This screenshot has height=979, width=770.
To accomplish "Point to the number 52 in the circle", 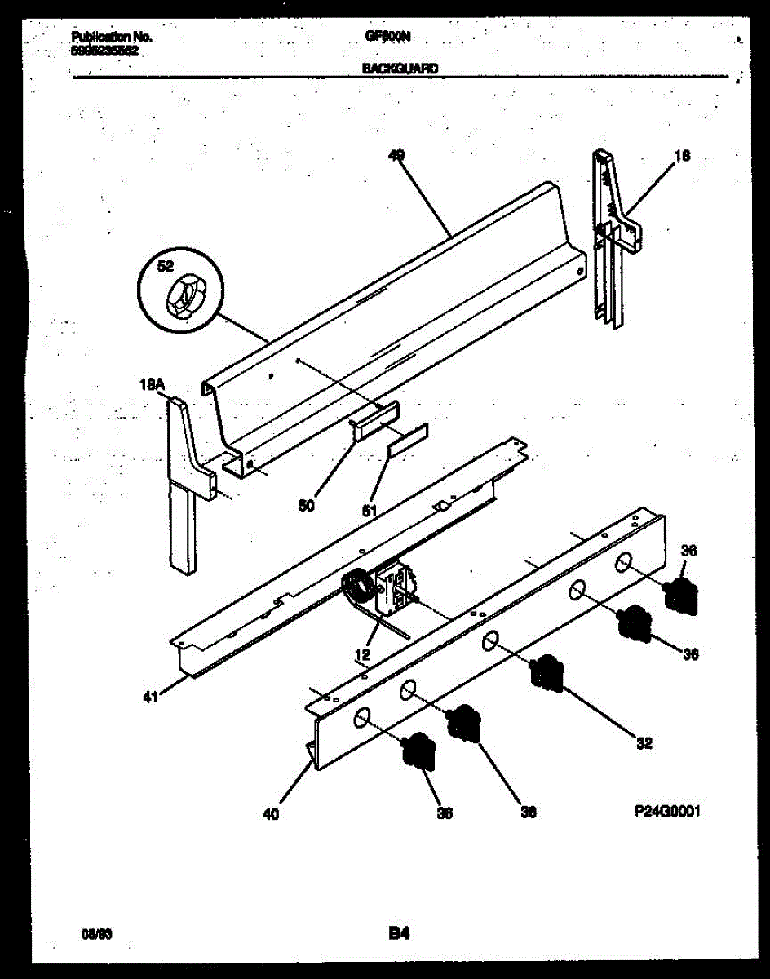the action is (166, 266).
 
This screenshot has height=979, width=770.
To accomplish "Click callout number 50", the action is (307, 505).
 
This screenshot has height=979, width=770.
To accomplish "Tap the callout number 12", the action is (362, 653).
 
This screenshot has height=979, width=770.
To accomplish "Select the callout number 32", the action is (644, 743).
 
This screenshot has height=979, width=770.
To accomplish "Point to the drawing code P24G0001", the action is (666, 811).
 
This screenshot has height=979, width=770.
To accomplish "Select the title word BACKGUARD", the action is (400, 69).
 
